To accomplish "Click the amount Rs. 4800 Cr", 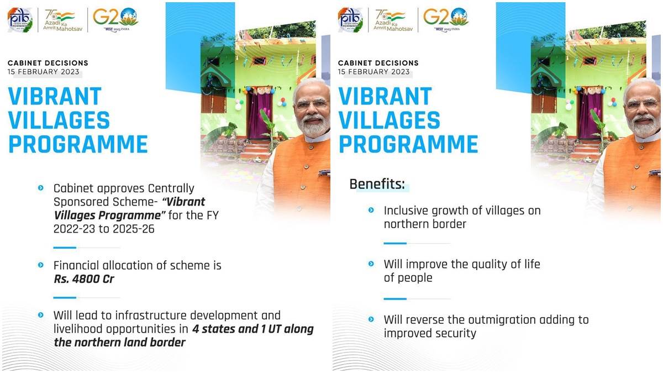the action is (x=84, y=279).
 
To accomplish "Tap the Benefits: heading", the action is (x=377, y=184).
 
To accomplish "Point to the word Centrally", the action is (x=171, y=188).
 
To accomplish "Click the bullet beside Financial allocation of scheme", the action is (x=41, y=265).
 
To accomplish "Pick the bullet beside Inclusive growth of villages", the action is (x=371, y=210).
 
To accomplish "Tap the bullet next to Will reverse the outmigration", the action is (x=371, y=319).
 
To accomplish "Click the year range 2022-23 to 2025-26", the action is (x=104, y=229).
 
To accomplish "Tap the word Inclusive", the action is (x=406, y=211).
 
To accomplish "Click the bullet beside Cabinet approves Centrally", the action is (x=41, y=188).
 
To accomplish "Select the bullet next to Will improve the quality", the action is (x=371, y=264).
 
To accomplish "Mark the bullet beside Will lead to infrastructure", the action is (x=41, y=314).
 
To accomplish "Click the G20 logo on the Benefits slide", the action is (x=446, y=18).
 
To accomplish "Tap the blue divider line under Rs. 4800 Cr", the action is (x=65, y=297).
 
